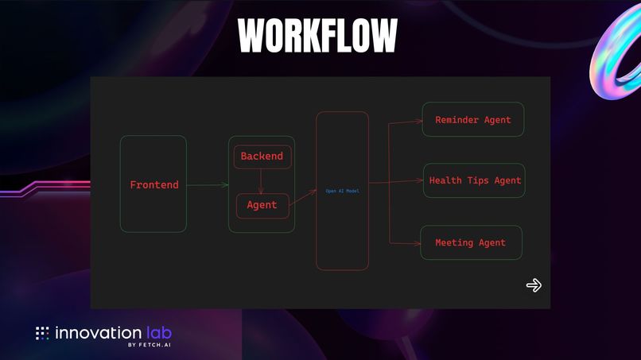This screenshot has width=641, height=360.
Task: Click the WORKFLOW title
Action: (318, 35)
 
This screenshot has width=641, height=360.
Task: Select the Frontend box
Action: (153, 184)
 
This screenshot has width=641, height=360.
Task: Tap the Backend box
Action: (262, 157)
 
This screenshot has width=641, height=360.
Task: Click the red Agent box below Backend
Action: (262, 205)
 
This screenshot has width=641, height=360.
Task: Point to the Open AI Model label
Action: (342, 191)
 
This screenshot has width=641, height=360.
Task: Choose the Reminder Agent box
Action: (473, 120)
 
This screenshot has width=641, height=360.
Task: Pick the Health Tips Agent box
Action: (475, 180)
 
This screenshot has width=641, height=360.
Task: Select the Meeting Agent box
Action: (471, 242)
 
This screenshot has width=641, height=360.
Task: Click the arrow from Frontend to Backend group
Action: (208, 185)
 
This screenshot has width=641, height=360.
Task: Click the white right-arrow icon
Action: (534, 285)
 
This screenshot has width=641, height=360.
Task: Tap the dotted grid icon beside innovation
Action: (42, 333)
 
